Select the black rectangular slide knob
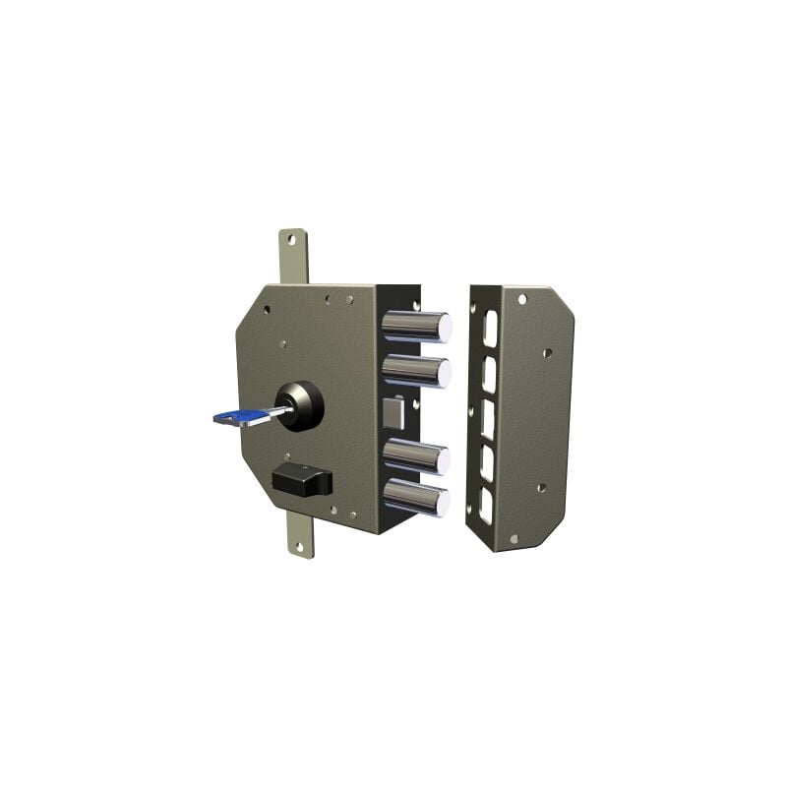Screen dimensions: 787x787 302,481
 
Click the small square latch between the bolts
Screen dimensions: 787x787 393,411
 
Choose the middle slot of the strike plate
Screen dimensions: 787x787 487,418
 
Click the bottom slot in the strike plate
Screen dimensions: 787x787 485,506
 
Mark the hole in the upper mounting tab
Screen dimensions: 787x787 290,239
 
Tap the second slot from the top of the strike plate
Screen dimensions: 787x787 489,374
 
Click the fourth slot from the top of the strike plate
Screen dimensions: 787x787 486,463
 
